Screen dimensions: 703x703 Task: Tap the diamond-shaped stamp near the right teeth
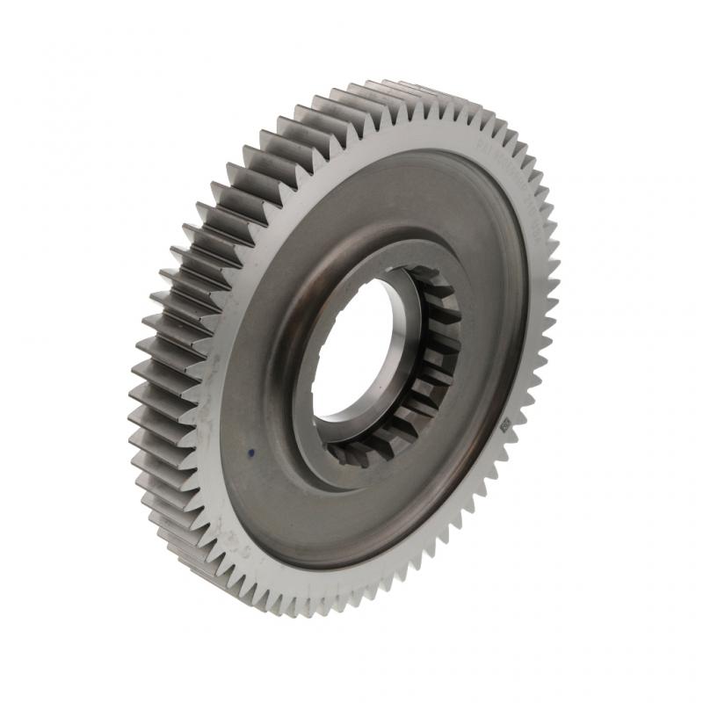point(504,425)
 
